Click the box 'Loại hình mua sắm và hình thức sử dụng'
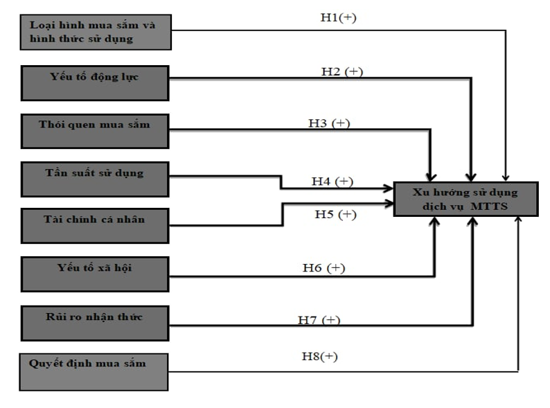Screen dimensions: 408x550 point(94,32)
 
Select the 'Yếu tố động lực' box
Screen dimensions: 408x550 point(94,82)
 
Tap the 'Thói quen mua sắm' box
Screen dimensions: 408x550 point(94,130)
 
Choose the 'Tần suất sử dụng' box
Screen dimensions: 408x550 point(94,179)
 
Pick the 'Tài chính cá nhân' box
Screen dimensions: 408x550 point(94,225)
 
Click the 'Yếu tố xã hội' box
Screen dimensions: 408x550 point(94,274)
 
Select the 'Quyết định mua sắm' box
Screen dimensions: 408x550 point(94,371)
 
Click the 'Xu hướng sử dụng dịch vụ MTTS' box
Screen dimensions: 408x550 point(465,199)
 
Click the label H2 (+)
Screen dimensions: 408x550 point(342,71)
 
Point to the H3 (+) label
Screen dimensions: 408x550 point(329,123)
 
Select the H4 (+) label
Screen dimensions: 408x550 point(332,181)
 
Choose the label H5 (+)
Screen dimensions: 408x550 point(335,214)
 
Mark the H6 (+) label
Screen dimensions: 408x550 point(323,267)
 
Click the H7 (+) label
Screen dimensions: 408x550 point(319,320)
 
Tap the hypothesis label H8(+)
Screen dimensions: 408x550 point(319,356)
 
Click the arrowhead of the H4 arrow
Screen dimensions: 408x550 point(389,188)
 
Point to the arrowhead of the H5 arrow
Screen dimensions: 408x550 point(389,203)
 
